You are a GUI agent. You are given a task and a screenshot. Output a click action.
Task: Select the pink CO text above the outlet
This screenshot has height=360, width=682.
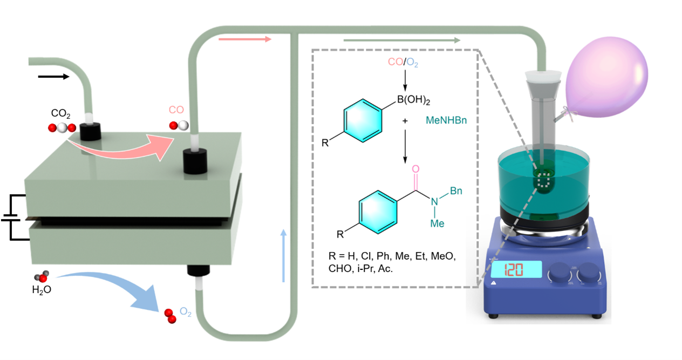(176, 110)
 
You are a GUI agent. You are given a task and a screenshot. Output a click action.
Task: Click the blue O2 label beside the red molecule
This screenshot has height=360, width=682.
(185, 312)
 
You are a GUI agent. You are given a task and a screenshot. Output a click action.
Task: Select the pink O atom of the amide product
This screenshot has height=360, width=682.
(415, 169)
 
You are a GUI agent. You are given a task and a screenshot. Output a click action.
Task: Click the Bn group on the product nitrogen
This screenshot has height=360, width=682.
(455, 192)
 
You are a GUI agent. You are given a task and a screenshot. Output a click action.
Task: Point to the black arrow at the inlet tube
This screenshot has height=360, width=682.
(54, 77)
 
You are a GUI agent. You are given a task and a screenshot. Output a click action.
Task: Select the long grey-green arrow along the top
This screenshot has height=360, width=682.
(402, 40)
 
